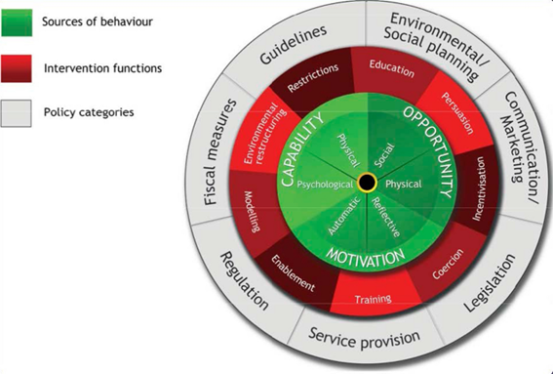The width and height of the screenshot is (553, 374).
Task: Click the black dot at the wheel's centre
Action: (367, 182)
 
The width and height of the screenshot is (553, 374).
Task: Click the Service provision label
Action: (364, 339)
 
